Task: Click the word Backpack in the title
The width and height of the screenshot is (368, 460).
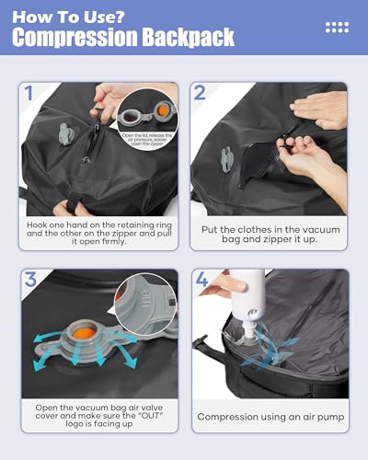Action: (189, 38)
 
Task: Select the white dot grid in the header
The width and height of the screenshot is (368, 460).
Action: (337, 28)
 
